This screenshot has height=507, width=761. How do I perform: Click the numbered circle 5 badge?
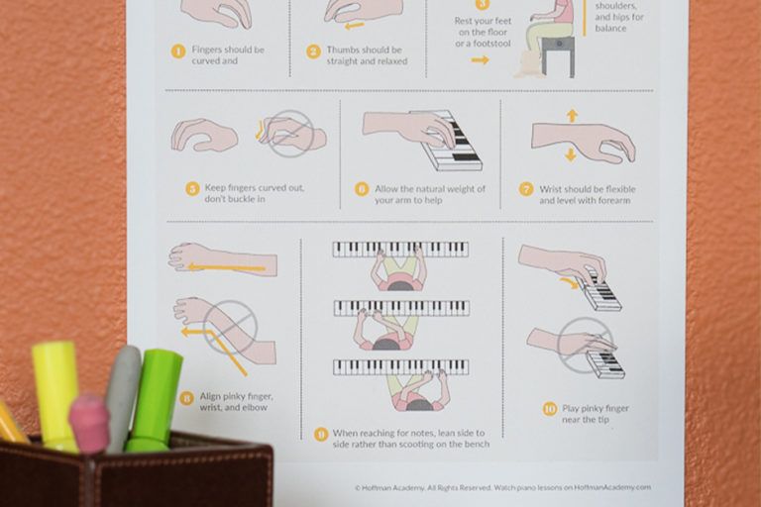point(193,188)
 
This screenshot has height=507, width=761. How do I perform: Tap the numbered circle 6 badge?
point(362,188)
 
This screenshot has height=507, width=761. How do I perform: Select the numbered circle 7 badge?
point(526,188)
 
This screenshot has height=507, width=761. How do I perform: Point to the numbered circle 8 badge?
point(186,398)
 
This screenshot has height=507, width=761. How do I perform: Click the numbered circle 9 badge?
point(320,434)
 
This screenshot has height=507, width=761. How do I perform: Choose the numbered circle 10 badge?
point(550,408)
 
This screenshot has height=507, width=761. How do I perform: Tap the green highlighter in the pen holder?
point(157,396)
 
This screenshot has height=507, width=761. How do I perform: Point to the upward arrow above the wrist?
point(572,115)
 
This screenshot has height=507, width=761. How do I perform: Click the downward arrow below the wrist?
point(571,155)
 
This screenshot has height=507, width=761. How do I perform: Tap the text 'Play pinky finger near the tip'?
point(597,414)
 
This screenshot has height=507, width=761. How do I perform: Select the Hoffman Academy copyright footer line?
point(502,487)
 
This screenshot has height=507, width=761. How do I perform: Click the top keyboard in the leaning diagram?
point(399,249)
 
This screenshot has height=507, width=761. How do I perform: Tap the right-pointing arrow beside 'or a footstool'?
point(481,60)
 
